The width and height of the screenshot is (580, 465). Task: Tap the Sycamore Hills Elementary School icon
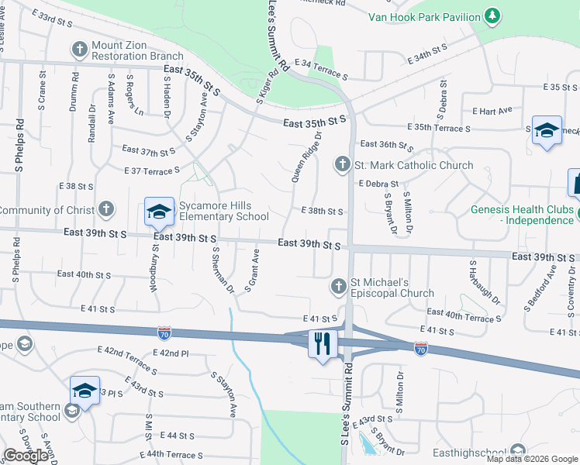[159, 210]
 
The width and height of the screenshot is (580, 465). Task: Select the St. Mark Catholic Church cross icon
[342, 164]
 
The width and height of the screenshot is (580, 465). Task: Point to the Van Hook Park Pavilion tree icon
[491, 15]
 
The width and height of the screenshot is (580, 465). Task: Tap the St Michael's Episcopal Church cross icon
[338, 287]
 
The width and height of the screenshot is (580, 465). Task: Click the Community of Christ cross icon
[106, 209]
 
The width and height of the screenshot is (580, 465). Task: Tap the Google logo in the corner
[26, 456]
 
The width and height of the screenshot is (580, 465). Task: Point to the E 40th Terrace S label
[464, 316]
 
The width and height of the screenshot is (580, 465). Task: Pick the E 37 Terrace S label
[152, 170]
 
